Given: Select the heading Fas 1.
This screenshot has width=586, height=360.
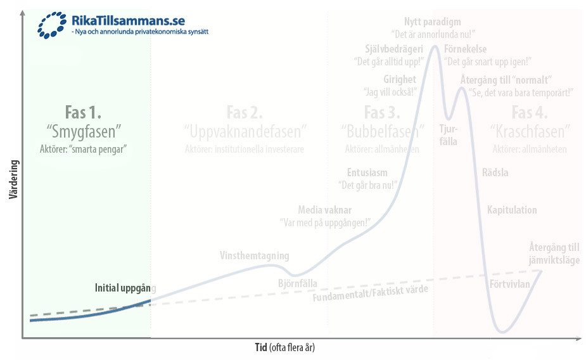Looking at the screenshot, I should pos(83,112).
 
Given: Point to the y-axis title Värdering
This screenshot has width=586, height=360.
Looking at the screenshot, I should pos(13,179).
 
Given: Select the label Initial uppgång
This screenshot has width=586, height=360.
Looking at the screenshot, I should pos(125,286).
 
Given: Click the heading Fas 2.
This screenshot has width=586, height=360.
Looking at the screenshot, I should pos(245,112).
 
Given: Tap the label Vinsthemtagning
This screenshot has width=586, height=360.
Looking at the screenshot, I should pos(254,256).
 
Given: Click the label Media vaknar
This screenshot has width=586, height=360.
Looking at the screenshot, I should pos(324,210).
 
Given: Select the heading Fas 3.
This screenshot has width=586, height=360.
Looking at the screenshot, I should pos(382,112).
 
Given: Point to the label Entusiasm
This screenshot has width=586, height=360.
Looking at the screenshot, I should pos(367,172).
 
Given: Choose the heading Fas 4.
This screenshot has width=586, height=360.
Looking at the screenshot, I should pos(530,112).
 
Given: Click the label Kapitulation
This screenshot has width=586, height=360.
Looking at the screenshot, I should pos(511,210).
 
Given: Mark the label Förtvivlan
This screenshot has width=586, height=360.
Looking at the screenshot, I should pos(509,284).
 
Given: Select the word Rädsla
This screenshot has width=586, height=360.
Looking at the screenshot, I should pos(495,172).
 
